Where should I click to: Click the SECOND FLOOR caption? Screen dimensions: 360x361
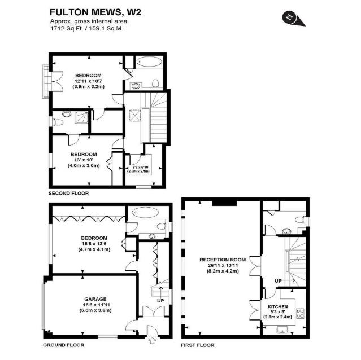pyautogui.click(x=68, y=193)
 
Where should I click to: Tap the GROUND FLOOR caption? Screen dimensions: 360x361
pyautogui.click(x=64, y=344)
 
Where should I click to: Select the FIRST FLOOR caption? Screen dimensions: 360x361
pyautogui.click(x=198, y=344)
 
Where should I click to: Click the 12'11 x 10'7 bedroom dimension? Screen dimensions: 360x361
pyautogui.click(x=86, y=81)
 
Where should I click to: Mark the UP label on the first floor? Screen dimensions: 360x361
pyautogui.click(x=278, y=280)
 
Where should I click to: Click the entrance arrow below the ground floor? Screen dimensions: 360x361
pyautogui.click(x=151, y=340)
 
